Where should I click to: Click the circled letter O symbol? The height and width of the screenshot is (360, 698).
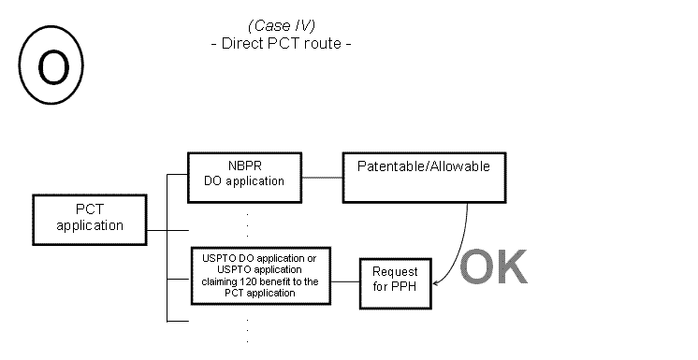[x=51, y=64]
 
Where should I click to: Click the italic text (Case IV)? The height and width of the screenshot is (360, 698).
[x=281, y=24]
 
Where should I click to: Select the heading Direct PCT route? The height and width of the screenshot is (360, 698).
[x=281, y=43]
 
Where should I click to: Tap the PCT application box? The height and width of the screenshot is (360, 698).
[x=89, y=217]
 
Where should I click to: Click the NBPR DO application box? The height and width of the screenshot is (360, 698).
[x=245, y=175]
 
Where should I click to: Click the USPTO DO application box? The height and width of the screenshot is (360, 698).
[x=259, y=274]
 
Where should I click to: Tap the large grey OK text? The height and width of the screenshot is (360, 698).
[x=493, y=266]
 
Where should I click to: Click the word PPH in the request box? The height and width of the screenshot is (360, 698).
[x=413, y=285]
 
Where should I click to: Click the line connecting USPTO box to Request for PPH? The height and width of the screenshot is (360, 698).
[x=345, y=280]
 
